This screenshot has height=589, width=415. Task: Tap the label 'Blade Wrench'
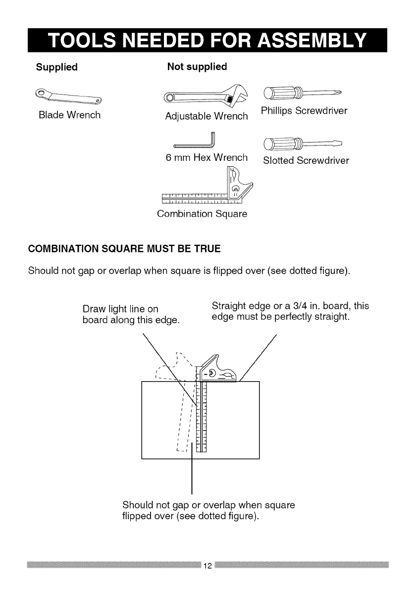(69, 115)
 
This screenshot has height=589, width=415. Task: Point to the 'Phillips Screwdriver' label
(304, 110)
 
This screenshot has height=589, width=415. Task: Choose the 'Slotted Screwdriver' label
(306, 161)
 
